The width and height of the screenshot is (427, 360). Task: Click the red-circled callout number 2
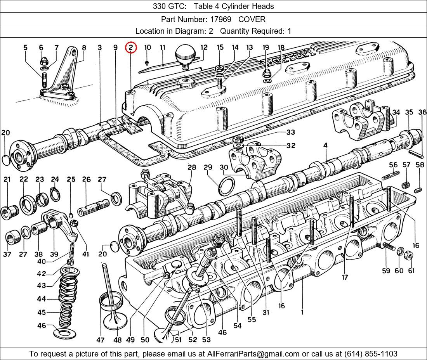click(x=131, y=48)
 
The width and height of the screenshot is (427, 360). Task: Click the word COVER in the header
click(x=252, y=19)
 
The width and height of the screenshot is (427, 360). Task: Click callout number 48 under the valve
click(x=117, y=340)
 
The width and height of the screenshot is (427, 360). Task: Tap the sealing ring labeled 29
click(x=227, y=186)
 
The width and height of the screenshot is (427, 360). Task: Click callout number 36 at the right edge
click(x=422, y=112)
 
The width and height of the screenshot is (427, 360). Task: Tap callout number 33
click(x=290, y=132)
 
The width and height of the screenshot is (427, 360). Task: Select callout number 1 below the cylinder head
click(x=302, y=311)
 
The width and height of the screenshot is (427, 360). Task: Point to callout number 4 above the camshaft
click(x=325, y=145)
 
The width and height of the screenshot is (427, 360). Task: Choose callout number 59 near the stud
click(x=386, y=271)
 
